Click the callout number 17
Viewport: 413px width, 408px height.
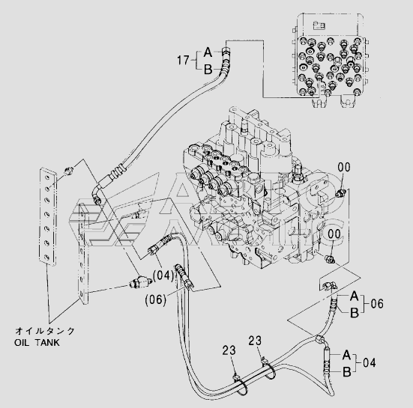point(183,60)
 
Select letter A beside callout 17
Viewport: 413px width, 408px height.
point(208,52)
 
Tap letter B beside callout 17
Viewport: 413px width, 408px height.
point(208,70)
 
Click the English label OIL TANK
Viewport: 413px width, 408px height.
point(37,343)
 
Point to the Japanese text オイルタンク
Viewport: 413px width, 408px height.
point(45,331)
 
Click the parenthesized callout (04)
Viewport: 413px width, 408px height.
point(163,275)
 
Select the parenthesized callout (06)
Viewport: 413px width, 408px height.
point(156,299)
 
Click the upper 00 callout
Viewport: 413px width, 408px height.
point(344,167)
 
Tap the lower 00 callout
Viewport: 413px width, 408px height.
point(334,234)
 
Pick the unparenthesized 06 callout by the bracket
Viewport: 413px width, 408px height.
point(377,304)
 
